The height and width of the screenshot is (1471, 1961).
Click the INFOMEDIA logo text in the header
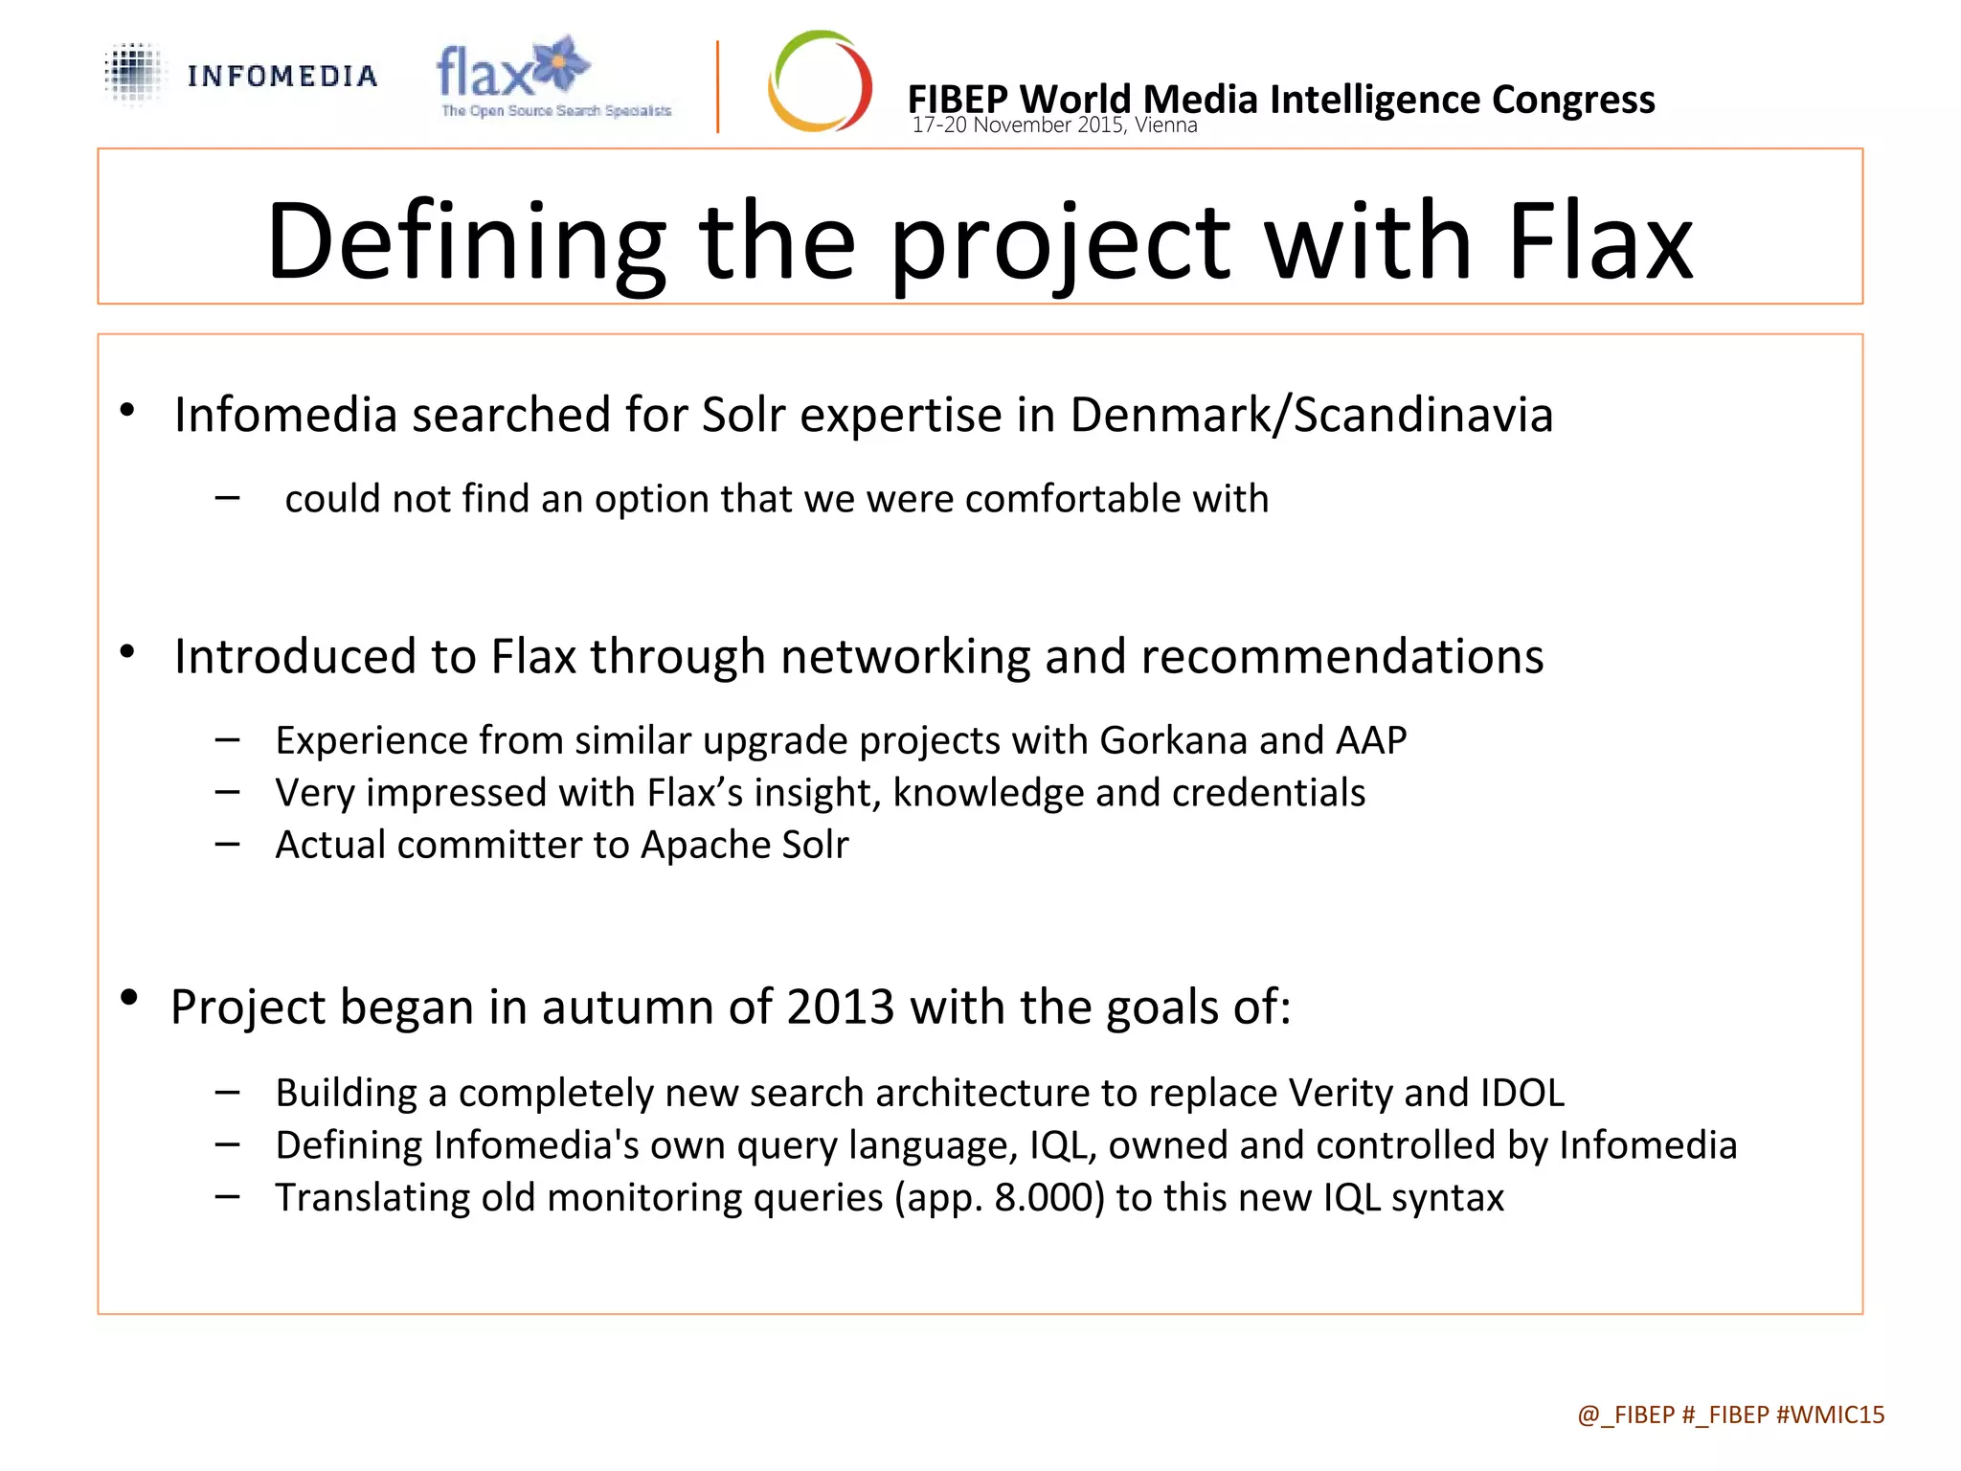282,77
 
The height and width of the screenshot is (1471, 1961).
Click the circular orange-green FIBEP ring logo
820,81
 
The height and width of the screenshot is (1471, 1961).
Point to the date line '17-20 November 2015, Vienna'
1054,125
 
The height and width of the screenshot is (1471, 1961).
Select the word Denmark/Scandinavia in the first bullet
1311,416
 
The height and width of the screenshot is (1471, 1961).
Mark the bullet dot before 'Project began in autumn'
129,998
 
